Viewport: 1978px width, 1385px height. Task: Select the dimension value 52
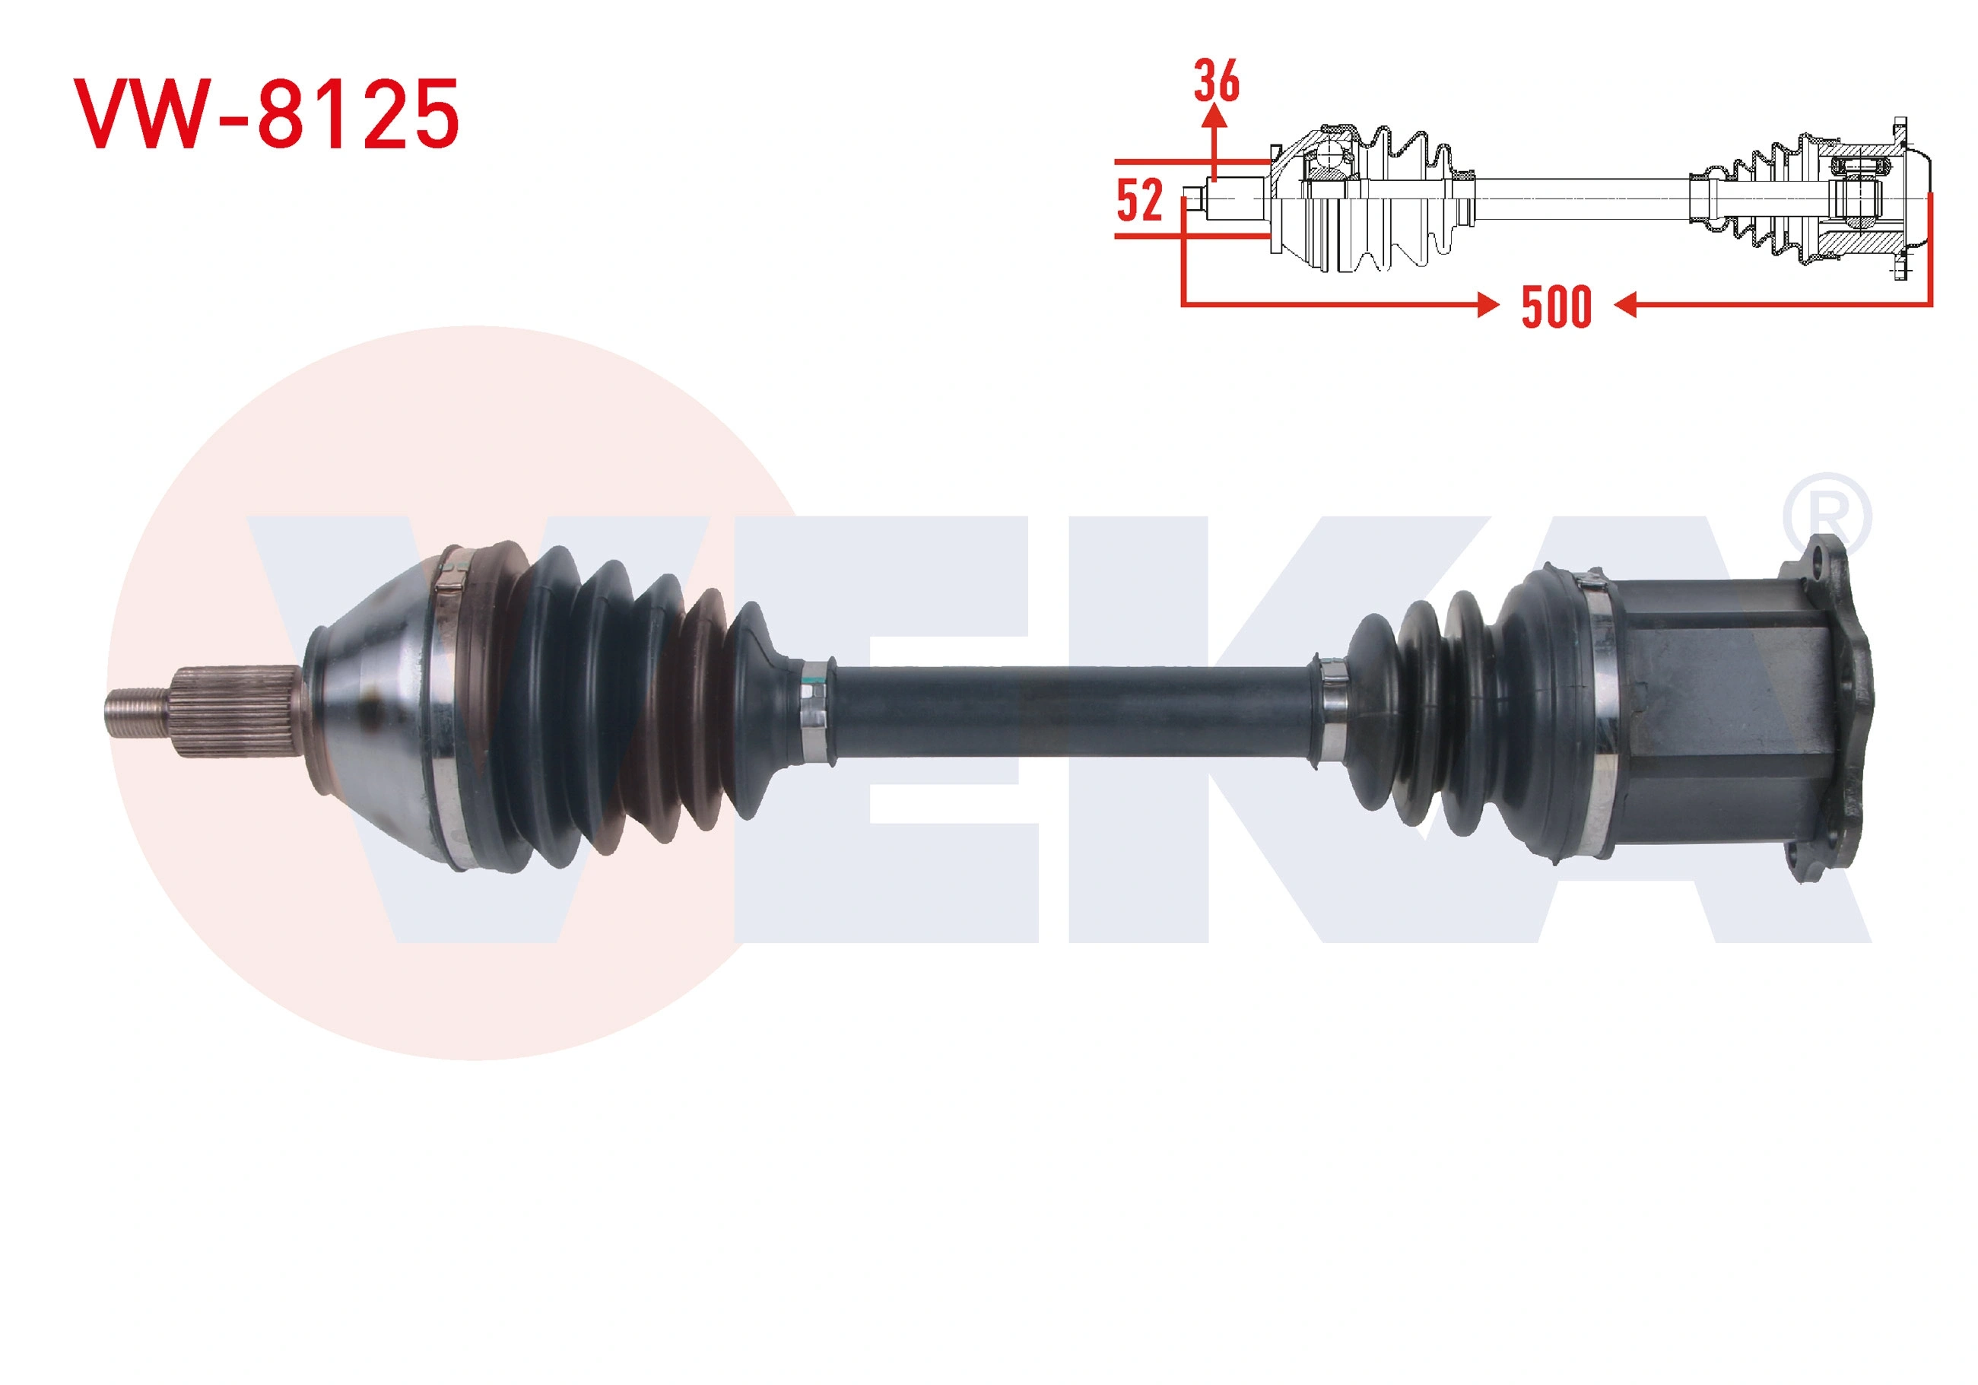(x=1140, y=200)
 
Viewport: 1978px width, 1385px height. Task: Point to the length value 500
(x=1556, y=307)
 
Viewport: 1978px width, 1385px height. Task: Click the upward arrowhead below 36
(x=1214, y=117)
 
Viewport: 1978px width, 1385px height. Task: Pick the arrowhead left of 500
(x=1487, y=304)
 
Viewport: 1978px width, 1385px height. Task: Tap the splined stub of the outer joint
(x=238, y=712)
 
